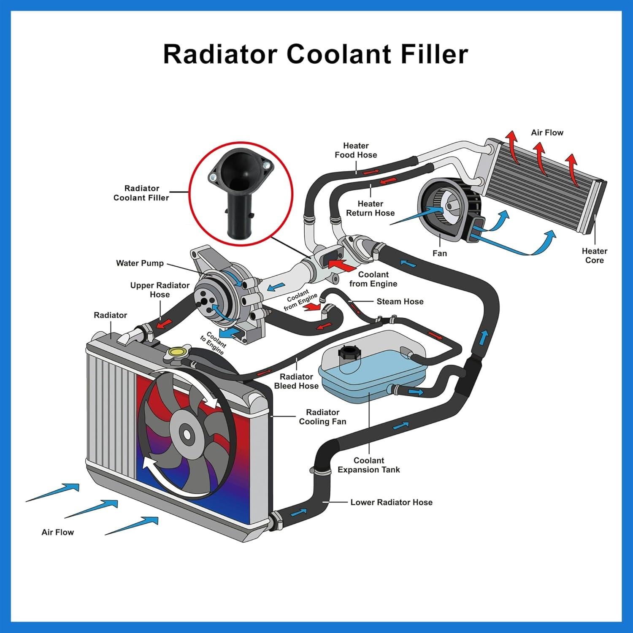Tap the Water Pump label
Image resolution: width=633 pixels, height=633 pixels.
click(x=140, y=263)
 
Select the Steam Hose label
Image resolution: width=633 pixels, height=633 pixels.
click(x=400, y=301)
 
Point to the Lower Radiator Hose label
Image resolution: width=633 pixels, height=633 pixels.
click(x=391, y=502)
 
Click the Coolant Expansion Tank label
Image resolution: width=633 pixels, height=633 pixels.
click(x=368, y=465)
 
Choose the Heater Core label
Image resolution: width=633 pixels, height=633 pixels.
click(x=594, y=256)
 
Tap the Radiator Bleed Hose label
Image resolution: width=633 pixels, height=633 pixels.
click(x=296, y=381)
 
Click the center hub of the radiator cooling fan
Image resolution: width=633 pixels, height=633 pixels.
click(x=185, y=433)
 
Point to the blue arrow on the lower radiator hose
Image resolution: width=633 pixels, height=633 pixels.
click(x=299, y=512)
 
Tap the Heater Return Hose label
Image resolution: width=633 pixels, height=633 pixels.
click(x=370, y=208)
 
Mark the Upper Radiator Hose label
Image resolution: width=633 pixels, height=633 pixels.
click(x=160, y=290)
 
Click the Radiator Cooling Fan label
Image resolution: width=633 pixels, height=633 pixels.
click(x=322, y=417)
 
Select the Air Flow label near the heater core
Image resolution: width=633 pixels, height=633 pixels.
click(x=547, y=133)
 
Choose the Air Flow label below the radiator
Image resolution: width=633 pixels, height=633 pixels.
click(x=57, y=532)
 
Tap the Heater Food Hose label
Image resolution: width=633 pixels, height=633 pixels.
click(x=356, y=150)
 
